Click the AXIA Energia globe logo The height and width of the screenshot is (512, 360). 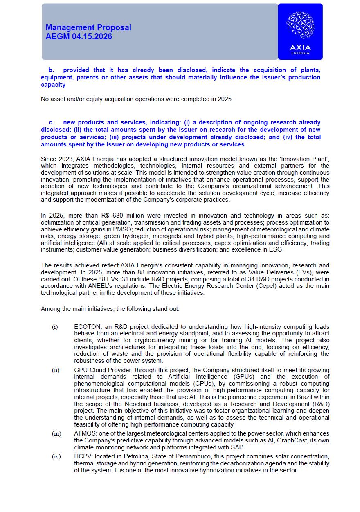(x=300, y=25)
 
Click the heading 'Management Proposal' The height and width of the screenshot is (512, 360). (x=88, y=27)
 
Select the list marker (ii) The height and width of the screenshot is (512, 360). (x=55, y=370)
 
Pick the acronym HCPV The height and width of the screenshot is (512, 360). (x=83, y=456)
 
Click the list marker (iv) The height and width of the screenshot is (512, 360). (x=56, y=456)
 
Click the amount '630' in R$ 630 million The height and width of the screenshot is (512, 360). (x=116, y=216)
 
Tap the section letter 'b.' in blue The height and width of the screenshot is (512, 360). (x=51, y=70)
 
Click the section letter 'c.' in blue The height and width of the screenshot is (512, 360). (x=52, y=122)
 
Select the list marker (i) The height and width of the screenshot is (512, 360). (x=55, y=327)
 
